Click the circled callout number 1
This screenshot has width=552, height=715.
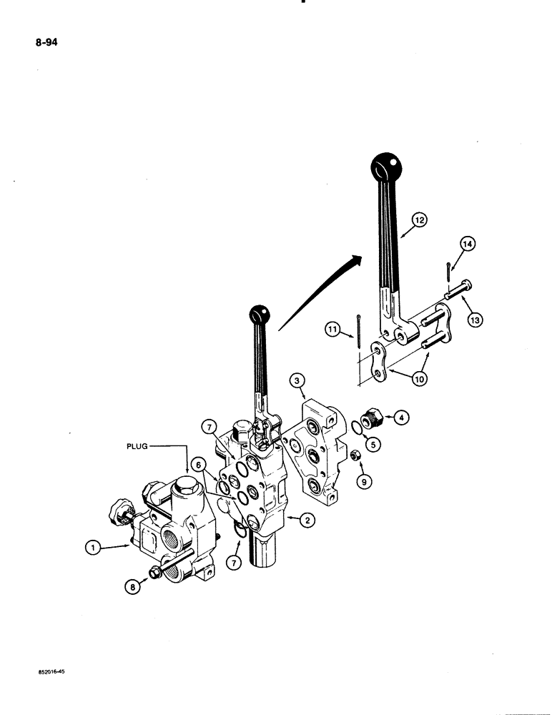[x=92, y=548]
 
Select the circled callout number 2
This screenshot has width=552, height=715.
[x=306, y=521]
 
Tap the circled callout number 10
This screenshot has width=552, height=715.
[x=420, y=379]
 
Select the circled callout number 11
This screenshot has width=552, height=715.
[x=332, y=330]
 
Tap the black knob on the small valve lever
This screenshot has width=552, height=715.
[x=259, y=314]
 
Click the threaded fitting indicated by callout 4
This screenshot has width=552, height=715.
[x=373, y=417]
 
